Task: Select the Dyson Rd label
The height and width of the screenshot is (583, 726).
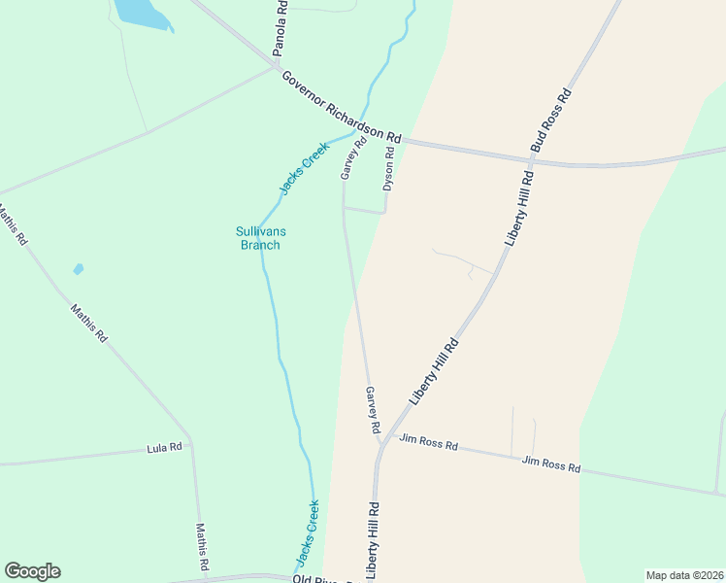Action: (389, 167)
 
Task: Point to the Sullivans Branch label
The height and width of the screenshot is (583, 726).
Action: (259, 238)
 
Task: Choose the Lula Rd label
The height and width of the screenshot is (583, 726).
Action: (164, 448)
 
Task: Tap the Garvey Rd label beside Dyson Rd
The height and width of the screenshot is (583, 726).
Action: (353, 157)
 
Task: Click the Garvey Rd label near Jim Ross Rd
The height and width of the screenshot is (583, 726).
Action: (372, 409)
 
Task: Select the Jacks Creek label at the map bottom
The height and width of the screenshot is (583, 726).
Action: (308, 533)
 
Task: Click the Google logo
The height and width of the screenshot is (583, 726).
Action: (32, 571)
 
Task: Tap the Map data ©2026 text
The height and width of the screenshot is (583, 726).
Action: (683, 575)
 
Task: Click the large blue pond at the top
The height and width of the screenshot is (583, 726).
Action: (142, 12)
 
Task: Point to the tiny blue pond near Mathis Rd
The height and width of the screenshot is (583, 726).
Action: (78, 269)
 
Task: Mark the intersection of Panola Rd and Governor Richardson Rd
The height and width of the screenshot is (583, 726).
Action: (276, 67)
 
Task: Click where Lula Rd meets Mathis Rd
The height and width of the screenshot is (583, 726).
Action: (191, 446)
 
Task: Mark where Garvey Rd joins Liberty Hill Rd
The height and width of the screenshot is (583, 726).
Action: (380, 444)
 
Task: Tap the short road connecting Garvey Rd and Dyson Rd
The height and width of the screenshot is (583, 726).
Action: (365, 209)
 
